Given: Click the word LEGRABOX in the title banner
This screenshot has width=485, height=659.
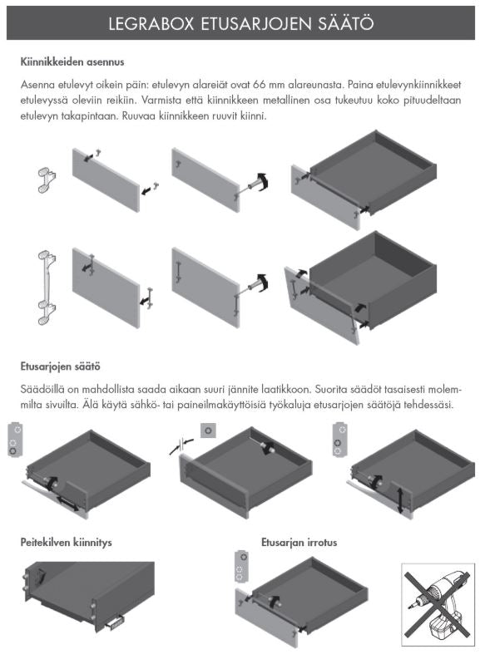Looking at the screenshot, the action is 151,23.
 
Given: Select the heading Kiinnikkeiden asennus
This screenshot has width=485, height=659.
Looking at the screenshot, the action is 72,61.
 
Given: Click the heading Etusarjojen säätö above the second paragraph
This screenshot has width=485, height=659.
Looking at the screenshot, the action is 60,366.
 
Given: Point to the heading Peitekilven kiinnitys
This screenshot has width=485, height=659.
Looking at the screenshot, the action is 66,542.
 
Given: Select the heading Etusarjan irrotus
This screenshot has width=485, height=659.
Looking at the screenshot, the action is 299,542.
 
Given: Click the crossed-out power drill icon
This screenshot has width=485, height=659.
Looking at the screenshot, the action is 438,604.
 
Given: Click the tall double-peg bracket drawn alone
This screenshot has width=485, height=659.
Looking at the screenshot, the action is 47,288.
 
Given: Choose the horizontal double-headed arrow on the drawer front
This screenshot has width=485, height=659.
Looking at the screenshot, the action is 67,504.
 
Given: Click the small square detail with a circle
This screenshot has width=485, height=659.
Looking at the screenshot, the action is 208,430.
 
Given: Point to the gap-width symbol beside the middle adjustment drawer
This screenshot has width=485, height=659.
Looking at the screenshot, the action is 181,445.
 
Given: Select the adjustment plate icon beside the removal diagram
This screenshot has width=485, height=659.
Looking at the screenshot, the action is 241,566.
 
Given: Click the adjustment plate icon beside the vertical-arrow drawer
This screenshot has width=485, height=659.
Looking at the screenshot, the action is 339,439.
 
